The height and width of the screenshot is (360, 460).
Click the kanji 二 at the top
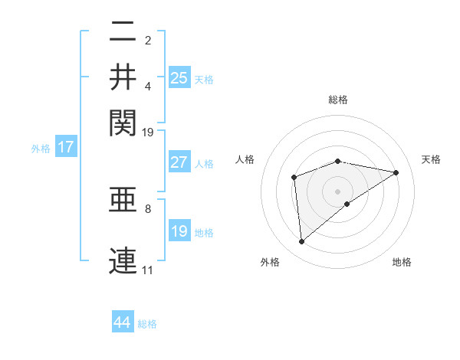coord(123,33)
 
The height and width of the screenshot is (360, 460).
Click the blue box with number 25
coord(179,77)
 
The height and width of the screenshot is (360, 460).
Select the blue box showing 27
coord(179,162)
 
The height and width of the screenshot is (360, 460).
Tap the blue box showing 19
coord(179,231)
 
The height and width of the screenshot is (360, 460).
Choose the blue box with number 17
coord(65,147)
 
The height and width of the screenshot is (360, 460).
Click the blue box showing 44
coord(123,322)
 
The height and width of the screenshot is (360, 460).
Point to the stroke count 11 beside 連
coord(147,270)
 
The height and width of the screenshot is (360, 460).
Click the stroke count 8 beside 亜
coord(148,208)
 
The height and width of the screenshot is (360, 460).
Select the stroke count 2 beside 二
coord(148,39)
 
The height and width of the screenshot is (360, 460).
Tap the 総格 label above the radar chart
coord(338,100)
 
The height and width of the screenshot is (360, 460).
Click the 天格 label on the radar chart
coord(431,159)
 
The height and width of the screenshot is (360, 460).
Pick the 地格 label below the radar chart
coord(402,262)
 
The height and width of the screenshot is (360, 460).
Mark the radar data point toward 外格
coord(302,242)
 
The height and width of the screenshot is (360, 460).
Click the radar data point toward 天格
coord(396,172)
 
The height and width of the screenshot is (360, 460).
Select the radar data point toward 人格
coord(294,178)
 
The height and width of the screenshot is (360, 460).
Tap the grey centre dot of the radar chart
coord(338,191)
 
